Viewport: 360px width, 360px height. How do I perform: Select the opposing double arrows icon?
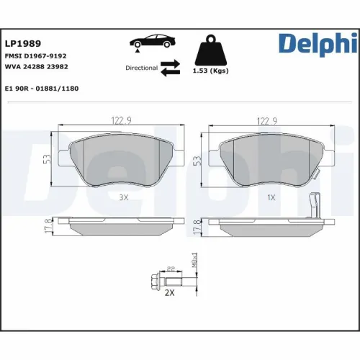point(170,67)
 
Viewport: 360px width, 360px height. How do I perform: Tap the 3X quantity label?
point(123,196)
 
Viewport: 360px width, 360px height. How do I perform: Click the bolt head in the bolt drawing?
point(156,279)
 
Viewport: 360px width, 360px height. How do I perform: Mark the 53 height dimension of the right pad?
point(197,160)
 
